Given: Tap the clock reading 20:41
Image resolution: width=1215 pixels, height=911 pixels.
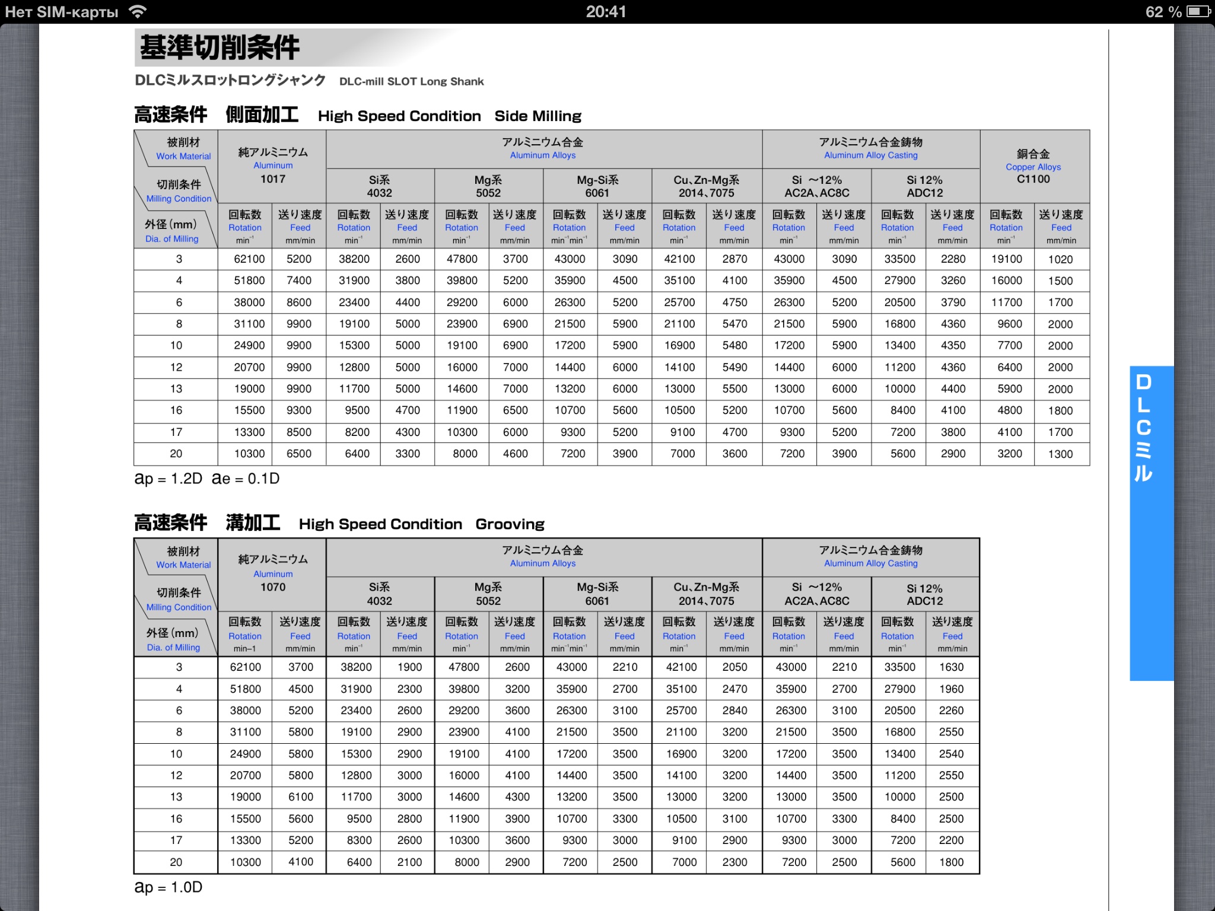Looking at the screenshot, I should tap(606, 12).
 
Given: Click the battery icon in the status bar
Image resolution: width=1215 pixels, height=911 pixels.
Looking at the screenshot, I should tap(1198, 12).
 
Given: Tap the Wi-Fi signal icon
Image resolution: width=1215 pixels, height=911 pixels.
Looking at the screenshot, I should tap(138, 12).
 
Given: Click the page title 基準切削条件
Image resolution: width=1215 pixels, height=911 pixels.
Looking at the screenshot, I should tap(220, 47).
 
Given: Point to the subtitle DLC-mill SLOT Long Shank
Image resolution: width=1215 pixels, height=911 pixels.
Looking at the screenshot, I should tap(411, 82).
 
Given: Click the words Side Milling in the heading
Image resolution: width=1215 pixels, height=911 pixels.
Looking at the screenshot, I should tap(537, 116).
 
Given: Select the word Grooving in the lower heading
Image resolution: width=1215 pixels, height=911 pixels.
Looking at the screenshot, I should tap(510, 524).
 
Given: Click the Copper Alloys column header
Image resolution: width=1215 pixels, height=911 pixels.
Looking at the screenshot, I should tap(1033, 167).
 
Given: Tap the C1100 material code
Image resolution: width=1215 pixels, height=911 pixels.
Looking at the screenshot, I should tap(1033, 179).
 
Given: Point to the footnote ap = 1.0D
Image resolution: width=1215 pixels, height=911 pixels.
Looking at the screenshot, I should tap(168, 887).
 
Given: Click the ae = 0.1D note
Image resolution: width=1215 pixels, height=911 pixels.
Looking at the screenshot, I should tap(246, 479).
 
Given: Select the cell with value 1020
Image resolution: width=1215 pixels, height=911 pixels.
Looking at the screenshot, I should tap(1060, 259).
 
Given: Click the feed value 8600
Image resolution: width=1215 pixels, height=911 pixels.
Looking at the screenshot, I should tap(299, 302).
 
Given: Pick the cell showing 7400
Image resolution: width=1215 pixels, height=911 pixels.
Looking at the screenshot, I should tap(299, 281).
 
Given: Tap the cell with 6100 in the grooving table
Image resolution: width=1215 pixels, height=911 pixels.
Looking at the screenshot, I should tap(301, 797).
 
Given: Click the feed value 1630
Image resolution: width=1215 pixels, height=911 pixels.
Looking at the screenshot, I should tap(952, 667).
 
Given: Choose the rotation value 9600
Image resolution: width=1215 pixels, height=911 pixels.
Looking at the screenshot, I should tap(1009, 324).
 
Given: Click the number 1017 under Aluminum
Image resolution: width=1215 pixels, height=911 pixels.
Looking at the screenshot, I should tap(273, 179).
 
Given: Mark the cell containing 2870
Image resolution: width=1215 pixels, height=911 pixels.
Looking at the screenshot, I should tap(734, 259).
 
